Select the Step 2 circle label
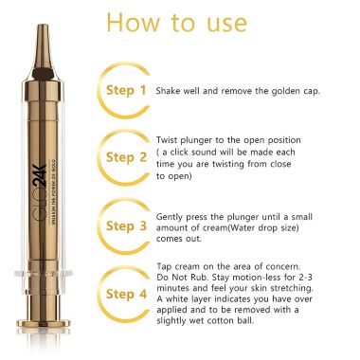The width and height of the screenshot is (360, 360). (126, 157)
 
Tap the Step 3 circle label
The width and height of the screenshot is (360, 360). (126, 226)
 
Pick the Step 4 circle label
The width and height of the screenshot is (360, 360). (126, 295)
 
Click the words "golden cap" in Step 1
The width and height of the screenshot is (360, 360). (300, 91)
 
